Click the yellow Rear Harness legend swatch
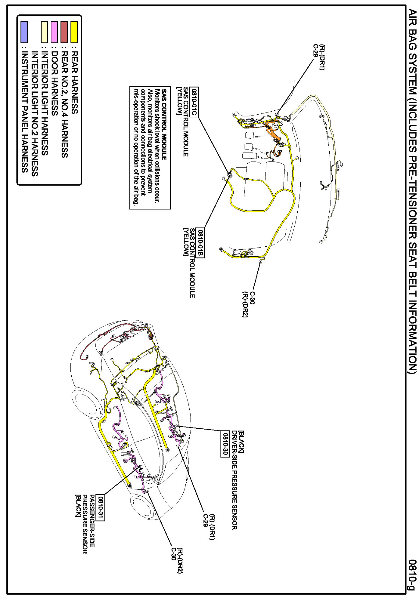point(74,32)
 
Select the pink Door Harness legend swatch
point(54,32)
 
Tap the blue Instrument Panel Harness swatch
point(24,32)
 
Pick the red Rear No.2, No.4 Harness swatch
point(64,32)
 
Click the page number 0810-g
point(412,575)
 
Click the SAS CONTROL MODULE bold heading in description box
point(164,124)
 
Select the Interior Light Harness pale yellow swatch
point(44,32)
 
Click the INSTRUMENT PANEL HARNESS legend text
point(25,112)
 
